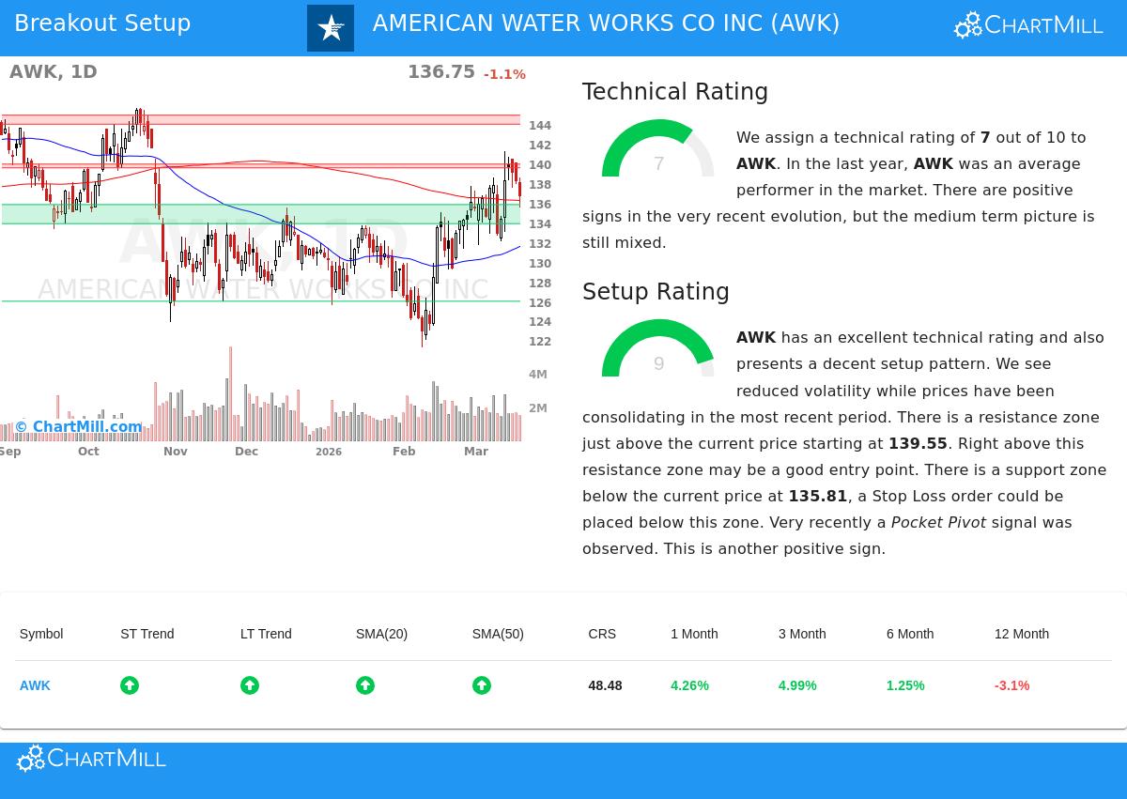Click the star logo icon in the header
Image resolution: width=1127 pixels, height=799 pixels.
click(x=331, y=28)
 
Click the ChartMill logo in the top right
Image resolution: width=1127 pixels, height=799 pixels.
click(x=1028, y=25)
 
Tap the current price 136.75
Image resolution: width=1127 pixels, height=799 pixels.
click(x=440, y=72)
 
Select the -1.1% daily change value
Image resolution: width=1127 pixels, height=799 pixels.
click(x=504, y=74)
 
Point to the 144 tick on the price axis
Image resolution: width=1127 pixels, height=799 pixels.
click(x=540, y=126)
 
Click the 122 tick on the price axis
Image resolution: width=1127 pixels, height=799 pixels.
click(x=540, y=342)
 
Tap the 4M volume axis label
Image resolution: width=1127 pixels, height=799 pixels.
click(x=538, y=375)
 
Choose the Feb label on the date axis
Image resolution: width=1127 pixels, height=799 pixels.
click(x=404, y=452)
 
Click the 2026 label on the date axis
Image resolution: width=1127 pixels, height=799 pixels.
click(x=329, y=453)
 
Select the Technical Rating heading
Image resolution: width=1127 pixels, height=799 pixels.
click(x=674, y=92)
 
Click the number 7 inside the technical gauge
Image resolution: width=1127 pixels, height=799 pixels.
click(x=658, y=164)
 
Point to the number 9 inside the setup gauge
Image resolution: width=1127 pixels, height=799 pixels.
click(x=658, y=364)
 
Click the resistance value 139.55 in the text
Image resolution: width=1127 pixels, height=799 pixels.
click(x=918, y=443)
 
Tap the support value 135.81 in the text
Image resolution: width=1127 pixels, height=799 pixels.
click(x=817, y=496)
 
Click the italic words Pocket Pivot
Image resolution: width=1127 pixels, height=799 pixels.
click(x=938, y=522)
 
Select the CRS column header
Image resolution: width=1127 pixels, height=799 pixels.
click(x=602, y=634)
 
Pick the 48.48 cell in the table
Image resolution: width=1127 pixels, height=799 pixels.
click(x=605, y=685)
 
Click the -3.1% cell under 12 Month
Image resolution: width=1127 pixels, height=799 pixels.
click(x=1011, y=685)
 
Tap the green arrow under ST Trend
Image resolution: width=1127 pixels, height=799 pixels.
click(x=130, y=685)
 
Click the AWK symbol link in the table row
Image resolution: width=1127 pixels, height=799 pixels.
click(x=35, y=685)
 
